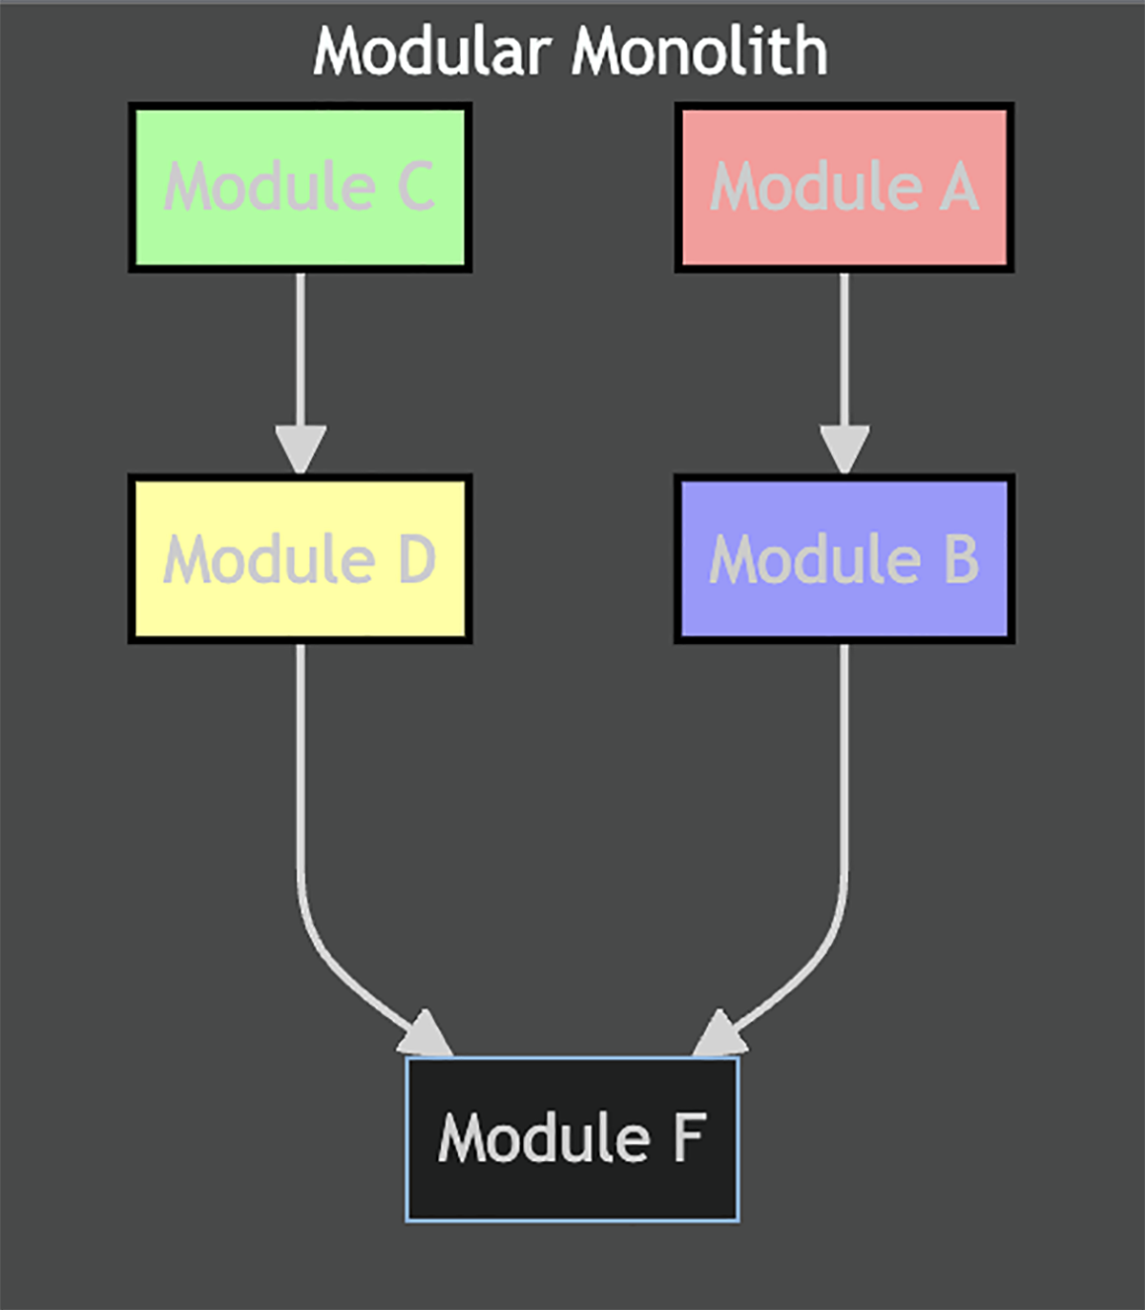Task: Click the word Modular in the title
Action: (x=431, y=52)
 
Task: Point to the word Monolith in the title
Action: (x=698, y=52)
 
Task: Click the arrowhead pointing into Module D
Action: (x=301, y=448)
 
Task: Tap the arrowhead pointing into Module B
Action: (x=844, y=448)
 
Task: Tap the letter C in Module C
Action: (x=416, y=187)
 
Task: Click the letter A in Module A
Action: (x=959, y=187)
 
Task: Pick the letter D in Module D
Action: (x=417, y=559)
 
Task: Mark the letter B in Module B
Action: (x=961, y=559)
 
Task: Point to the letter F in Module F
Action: (x=689, y=1138)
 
